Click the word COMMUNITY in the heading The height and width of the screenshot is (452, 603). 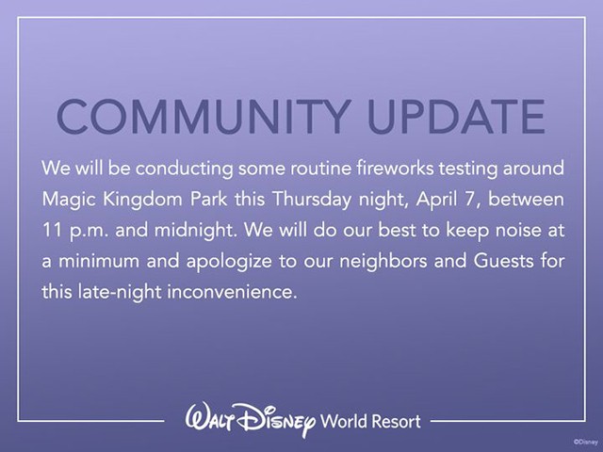coord(204,117)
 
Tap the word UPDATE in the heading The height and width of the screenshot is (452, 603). coord(456,117)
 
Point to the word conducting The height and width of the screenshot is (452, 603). coord(184,169)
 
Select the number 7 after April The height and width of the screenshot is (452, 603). coord(469,200)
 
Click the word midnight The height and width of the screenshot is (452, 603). coord(195,231)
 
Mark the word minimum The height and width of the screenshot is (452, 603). coord(99,262)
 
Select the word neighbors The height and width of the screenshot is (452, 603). coord(383,262)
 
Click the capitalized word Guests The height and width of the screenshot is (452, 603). coord(503,261)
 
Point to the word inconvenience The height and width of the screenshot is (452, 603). coord(231,292)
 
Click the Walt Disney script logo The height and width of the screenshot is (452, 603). coord(251,420)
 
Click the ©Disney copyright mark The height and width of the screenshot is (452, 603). coord(586,443)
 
